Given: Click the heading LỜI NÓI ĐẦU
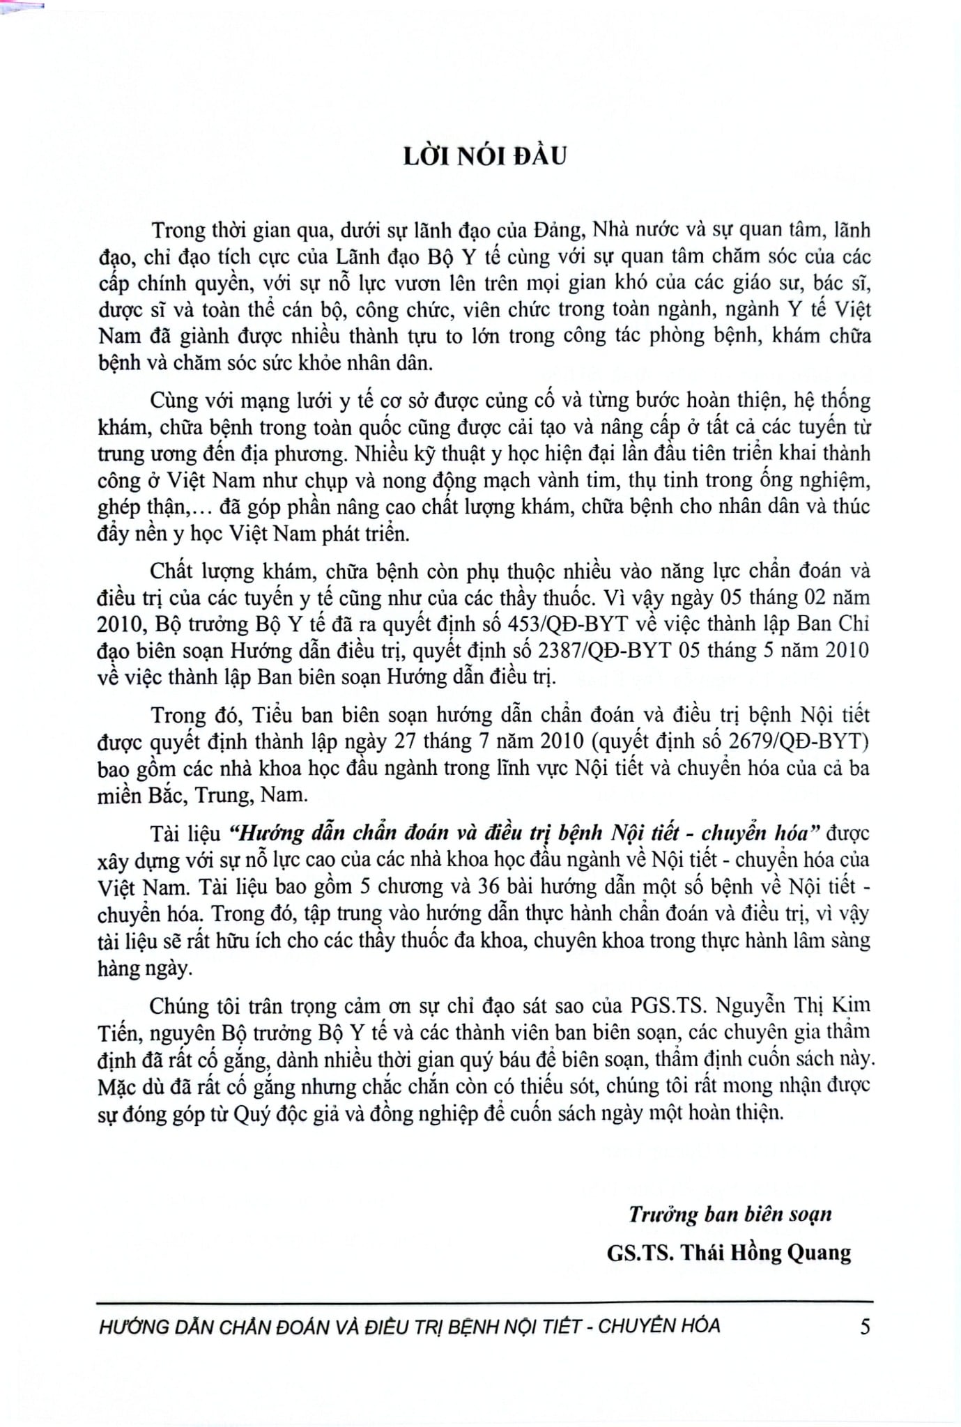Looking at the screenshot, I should pos(485,157).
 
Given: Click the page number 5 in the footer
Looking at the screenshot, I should pos(864,1326).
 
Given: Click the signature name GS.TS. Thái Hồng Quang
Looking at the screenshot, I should pos(729,1252).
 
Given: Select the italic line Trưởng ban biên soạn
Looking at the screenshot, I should pos(730,1214).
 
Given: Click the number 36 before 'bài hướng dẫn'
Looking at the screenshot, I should pos(491,887).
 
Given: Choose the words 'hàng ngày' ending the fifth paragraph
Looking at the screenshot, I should pos(144,968).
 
